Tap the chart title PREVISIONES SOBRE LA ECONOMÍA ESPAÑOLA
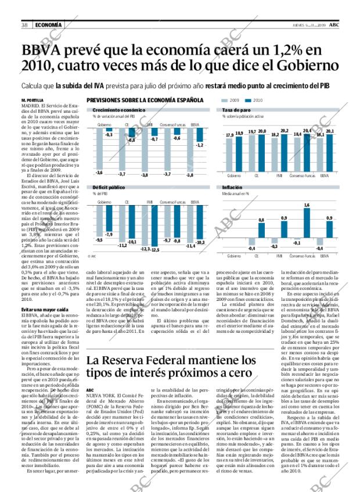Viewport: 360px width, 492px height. coord(145,100)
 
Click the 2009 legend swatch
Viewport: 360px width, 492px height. coord(225,100)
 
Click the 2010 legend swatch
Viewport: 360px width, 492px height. coord(249,100)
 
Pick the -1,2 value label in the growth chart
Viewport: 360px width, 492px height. coord(200,145)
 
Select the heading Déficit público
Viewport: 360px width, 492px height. coord(109,188)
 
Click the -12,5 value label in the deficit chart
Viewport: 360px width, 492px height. coord(155,249)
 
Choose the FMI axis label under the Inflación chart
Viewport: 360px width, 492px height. coord(279,256)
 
